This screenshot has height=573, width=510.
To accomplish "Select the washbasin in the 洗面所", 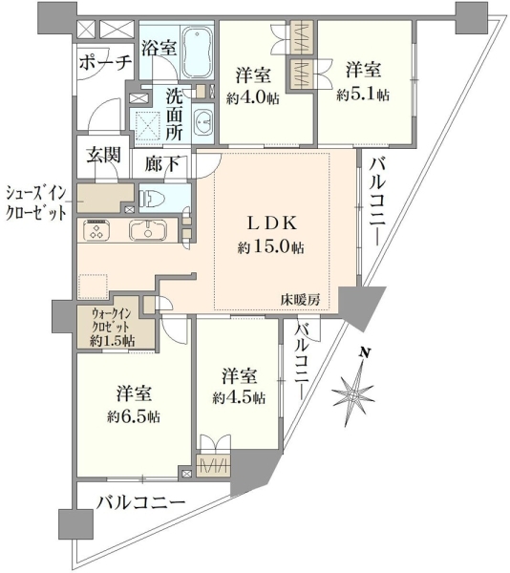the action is pyautogui.click(x=202, y=119).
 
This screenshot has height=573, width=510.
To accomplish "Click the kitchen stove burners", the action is pyautogui.click(x=96, y=230).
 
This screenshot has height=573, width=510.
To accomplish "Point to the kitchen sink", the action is pyautogui.click(x=148, y=230).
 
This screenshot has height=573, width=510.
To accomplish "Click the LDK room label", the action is pyautogui.click(x=272, y=223).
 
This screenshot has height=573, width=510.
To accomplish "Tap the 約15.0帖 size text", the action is pyautogui.click(x=270, y=247).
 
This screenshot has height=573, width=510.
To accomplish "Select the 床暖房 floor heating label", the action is pyautogui.click(x=300, y=300).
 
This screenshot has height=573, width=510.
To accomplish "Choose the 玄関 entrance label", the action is pyautogui.click(x=103, y=155).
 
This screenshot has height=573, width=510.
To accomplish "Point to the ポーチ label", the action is pyautogui.click(x=105, y=63).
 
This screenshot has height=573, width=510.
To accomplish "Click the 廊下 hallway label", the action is pyautogui.click(x=161, y=164).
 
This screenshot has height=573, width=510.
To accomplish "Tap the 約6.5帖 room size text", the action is pyautogui.click(x=134, y=416).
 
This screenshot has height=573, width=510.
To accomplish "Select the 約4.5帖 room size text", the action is pyautogui.click(x=240, y=397).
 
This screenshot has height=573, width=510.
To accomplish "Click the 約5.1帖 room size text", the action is pyautogui.click(x=363, y=95).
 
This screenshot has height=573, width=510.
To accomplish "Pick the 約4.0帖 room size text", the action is pyautogui.click(x=253, y=97).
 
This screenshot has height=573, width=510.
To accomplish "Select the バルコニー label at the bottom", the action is pyautogui.click(x=140, y=503).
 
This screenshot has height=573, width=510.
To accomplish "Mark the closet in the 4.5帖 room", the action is pyautogui.click(x=213, y=465).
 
